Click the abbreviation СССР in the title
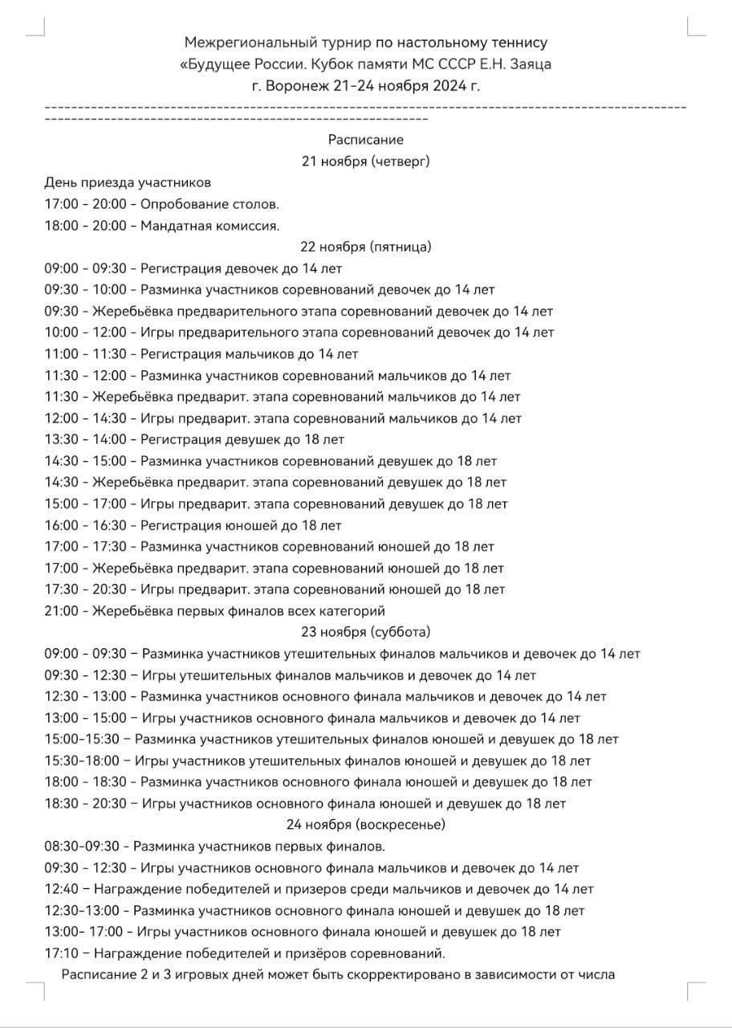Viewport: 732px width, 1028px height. (x=452, y=63)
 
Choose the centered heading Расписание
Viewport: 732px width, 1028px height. (x=366, y=140)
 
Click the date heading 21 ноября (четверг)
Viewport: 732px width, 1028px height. (x=366, y=161)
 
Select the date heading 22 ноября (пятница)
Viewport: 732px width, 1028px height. (x=366, y=247)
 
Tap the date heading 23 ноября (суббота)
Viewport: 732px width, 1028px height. (x=366, y=632)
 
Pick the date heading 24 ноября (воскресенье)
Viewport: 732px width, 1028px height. (x=366, y=824)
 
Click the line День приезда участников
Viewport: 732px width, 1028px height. (x=128, y=183)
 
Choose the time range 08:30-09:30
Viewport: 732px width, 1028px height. (x=82, y=846)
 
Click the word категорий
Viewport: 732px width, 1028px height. (x=353, y=610)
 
